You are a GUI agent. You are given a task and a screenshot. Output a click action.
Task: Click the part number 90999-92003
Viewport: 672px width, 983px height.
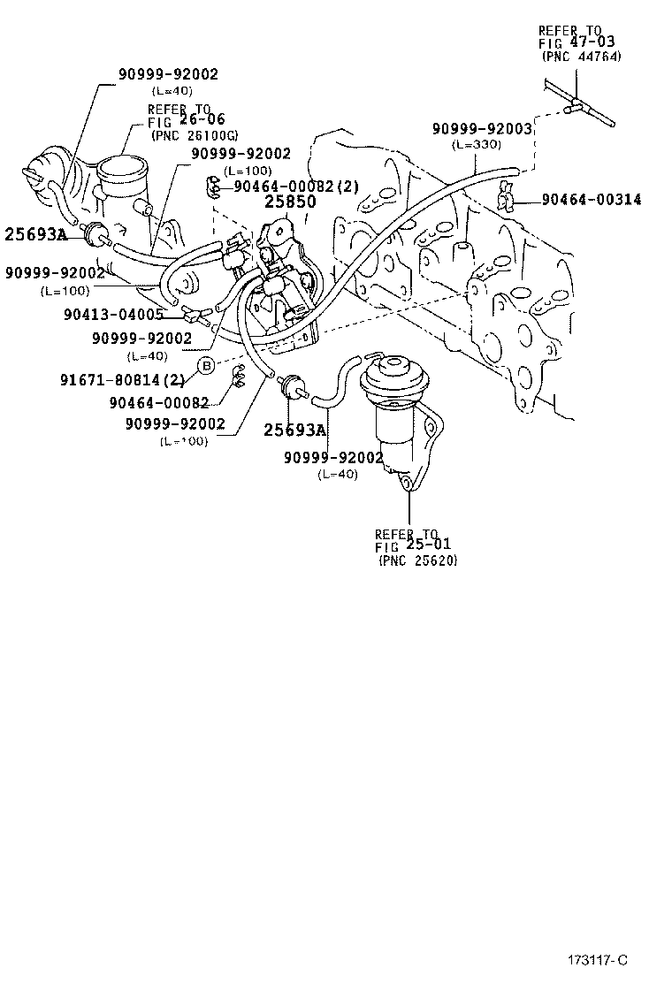pyautogui.click(x=482, y=129)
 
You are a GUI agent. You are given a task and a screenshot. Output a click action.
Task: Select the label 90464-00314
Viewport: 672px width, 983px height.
pyautogui.click(x=592, y=201)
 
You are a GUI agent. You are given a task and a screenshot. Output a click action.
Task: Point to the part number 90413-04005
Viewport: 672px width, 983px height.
pyautogui.click(x=113, y=314)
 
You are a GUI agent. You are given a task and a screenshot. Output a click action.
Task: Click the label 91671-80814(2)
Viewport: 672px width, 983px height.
pyautogui.click(x=121, y=382)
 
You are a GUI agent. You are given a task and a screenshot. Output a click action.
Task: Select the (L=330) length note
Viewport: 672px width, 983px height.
pyautogui.click(x=477, y=144)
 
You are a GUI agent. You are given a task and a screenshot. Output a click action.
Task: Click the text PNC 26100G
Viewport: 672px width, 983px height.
pyautogui.click(x=194, y=135)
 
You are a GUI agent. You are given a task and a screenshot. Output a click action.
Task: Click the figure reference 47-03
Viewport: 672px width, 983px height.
pyautogui.click(x=598, y=42)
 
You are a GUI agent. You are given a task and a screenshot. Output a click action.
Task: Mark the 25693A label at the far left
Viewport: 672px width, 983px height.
pyautogui.click(x=35, y=234)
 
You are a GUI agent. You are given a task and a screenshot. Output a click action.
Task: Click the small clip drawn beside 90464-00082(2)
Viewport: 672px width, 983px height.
pyautogui.click(x=212, y=187)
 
